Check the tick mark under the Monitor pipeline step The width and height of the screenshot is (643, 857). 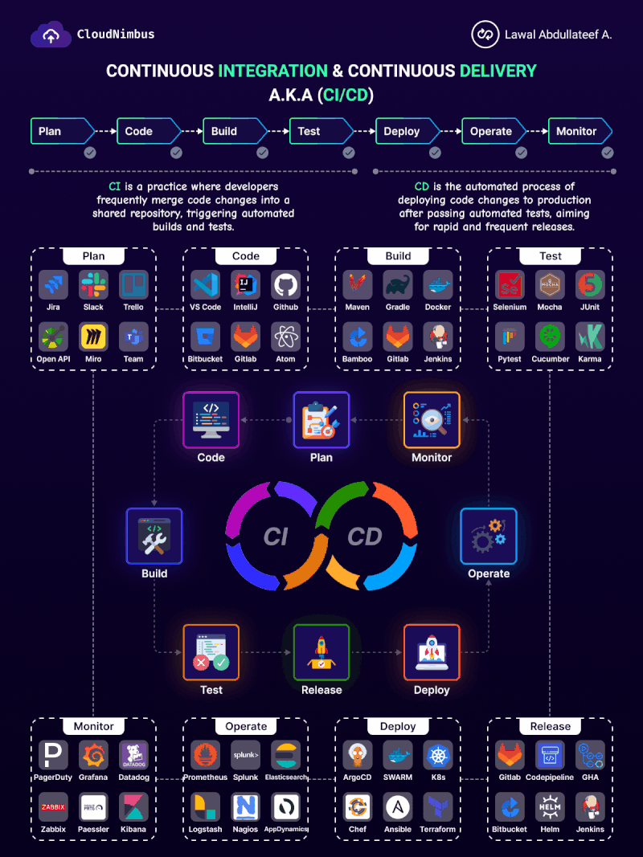click(608, 153)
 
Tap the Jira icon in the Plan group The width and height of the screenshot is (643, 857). click(53, 285)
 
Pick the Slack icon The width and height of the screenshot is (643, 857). click(93, 285)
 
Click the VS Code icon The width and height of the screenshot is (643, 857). click(206, 285)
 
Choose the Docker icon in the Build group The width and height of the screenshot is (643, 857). click(438, 285)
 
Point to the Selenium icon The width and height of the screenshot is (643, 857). click(510, 285)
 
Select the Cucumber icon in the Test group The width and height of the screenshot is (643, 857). click(551, 337)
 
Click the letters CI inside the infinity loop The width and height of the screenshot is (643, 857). click(276, 537)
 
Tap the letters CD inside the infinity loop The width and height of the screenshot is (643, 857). click(365, 537)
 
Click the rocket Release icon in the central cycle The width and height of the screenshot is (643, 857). click(321, 652)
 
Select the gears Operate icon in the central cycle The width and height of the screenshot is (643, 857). click(489, 536)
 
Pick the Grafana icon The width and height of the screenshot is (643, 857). click(93, 755)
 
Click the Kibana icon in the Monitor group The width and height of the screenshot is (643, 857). click(133, 807)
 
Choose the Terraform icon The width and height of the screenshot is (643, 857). click(438, 807)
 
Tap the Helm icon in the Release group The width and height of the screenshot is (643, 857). click(551, 807)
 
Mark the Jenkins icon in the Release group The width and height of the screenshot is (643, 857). click(591, 807)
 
